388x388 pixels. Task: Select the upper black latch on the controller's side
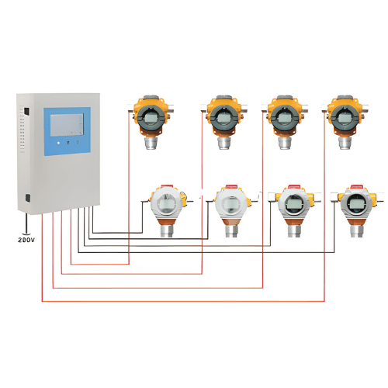coord(26,112)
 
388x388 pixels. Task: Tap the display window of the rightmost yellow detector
coord(341,116)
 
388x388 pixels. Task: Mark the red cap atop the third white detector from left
coord(293,187)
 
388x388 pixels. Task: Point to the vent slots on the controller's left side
coord(23,132)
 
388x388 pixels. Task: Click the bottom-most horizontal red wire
coord(178,300)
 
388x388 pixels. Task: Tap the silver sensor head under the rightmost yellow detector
coord(341,143)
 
